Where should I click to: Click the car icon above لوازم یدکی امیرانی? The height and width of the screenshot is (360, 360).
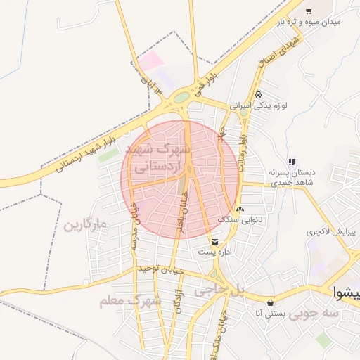click(259, 94)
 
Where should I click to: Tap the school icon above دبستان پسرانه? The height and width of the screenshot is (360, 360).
click(292, 162)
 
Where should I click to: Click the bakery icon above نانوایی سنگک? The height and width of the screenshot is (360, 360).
click(240, 209)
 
